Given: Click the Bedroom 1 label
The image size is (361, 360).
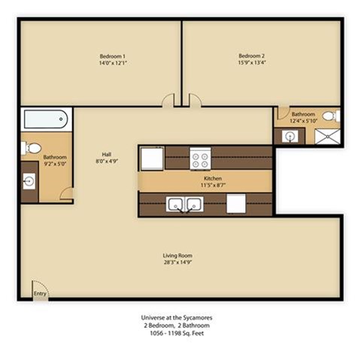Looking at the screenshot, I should (x=112, y=55).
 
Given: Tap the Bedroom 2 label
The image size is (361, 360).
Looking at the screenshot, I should (x=252, y=55).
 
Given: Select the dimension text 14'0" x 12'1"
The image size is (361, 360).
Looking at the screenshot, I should (x=112, y=62).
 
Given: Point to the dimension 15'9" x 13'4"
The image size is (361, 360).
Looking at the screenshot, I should (x=252, y=62).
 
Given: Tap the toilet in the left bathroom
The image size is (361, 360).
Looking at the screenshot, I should (x=26, y=147).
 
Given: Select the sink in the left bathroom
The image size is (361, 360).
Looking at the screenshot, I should (x=29, y=181).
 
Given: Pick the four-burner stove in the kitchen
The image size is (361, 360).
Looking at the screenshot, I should (x=201, y=159).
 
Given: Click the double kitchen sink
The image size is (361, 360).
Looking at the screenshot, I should (x=184, y=204).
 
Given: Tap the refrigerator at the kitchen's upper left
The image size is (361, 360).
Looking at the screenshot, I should (x=152, y=159).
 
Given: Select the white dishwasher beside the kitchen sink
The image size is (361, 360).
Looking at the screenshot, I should (x=235, y=204).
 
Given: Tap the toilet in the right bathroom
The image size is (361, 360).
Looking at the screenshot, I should (x=335, y=116).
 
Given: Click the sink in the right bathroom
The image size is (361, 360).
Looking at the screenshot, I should (x=290, y=136).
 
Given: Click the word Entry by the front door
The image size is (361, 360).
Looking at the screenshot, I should (x=40, y=294).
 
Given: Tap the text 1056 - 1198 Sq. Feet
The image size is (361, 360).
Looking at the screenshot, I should (x=177, y=331).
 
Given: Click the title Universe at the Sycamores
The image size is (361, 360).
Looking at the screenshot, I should (x=177, y=317).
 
